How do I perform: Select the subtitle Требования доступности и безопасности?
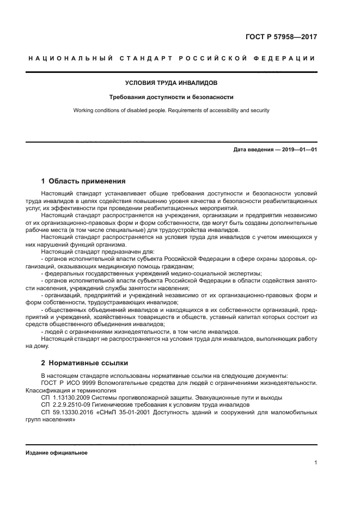click(172, 97)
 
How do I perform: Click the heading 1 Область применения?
click(84, 181)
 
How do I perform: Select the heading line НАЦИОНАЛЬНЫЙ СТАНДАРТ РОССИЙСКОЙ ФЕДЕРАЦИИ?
click(172, 58)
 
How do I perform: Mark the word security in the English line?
click(259, 111)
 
